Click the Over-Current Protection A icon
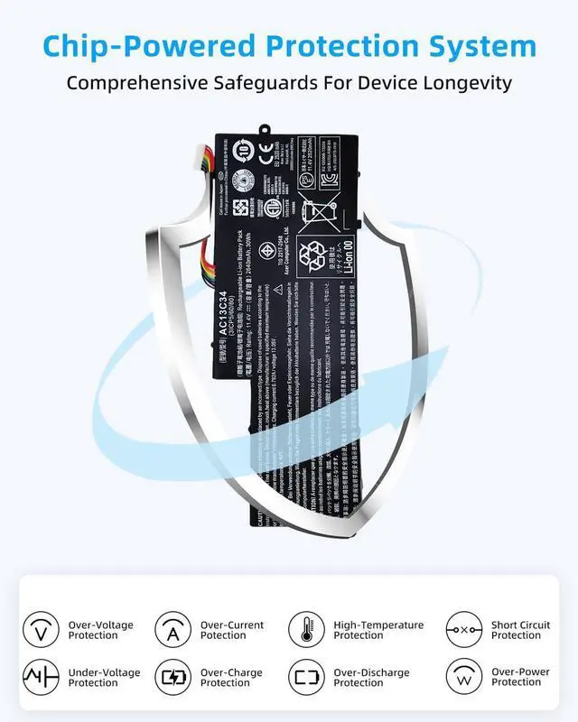pos(172,629)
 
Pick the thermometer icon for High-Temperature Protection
pos(306,629)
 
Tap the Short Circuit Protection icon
pos(463,629)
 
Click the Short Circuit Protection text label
pos(520,630)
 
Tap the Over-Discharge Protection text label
pos(371,678)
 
